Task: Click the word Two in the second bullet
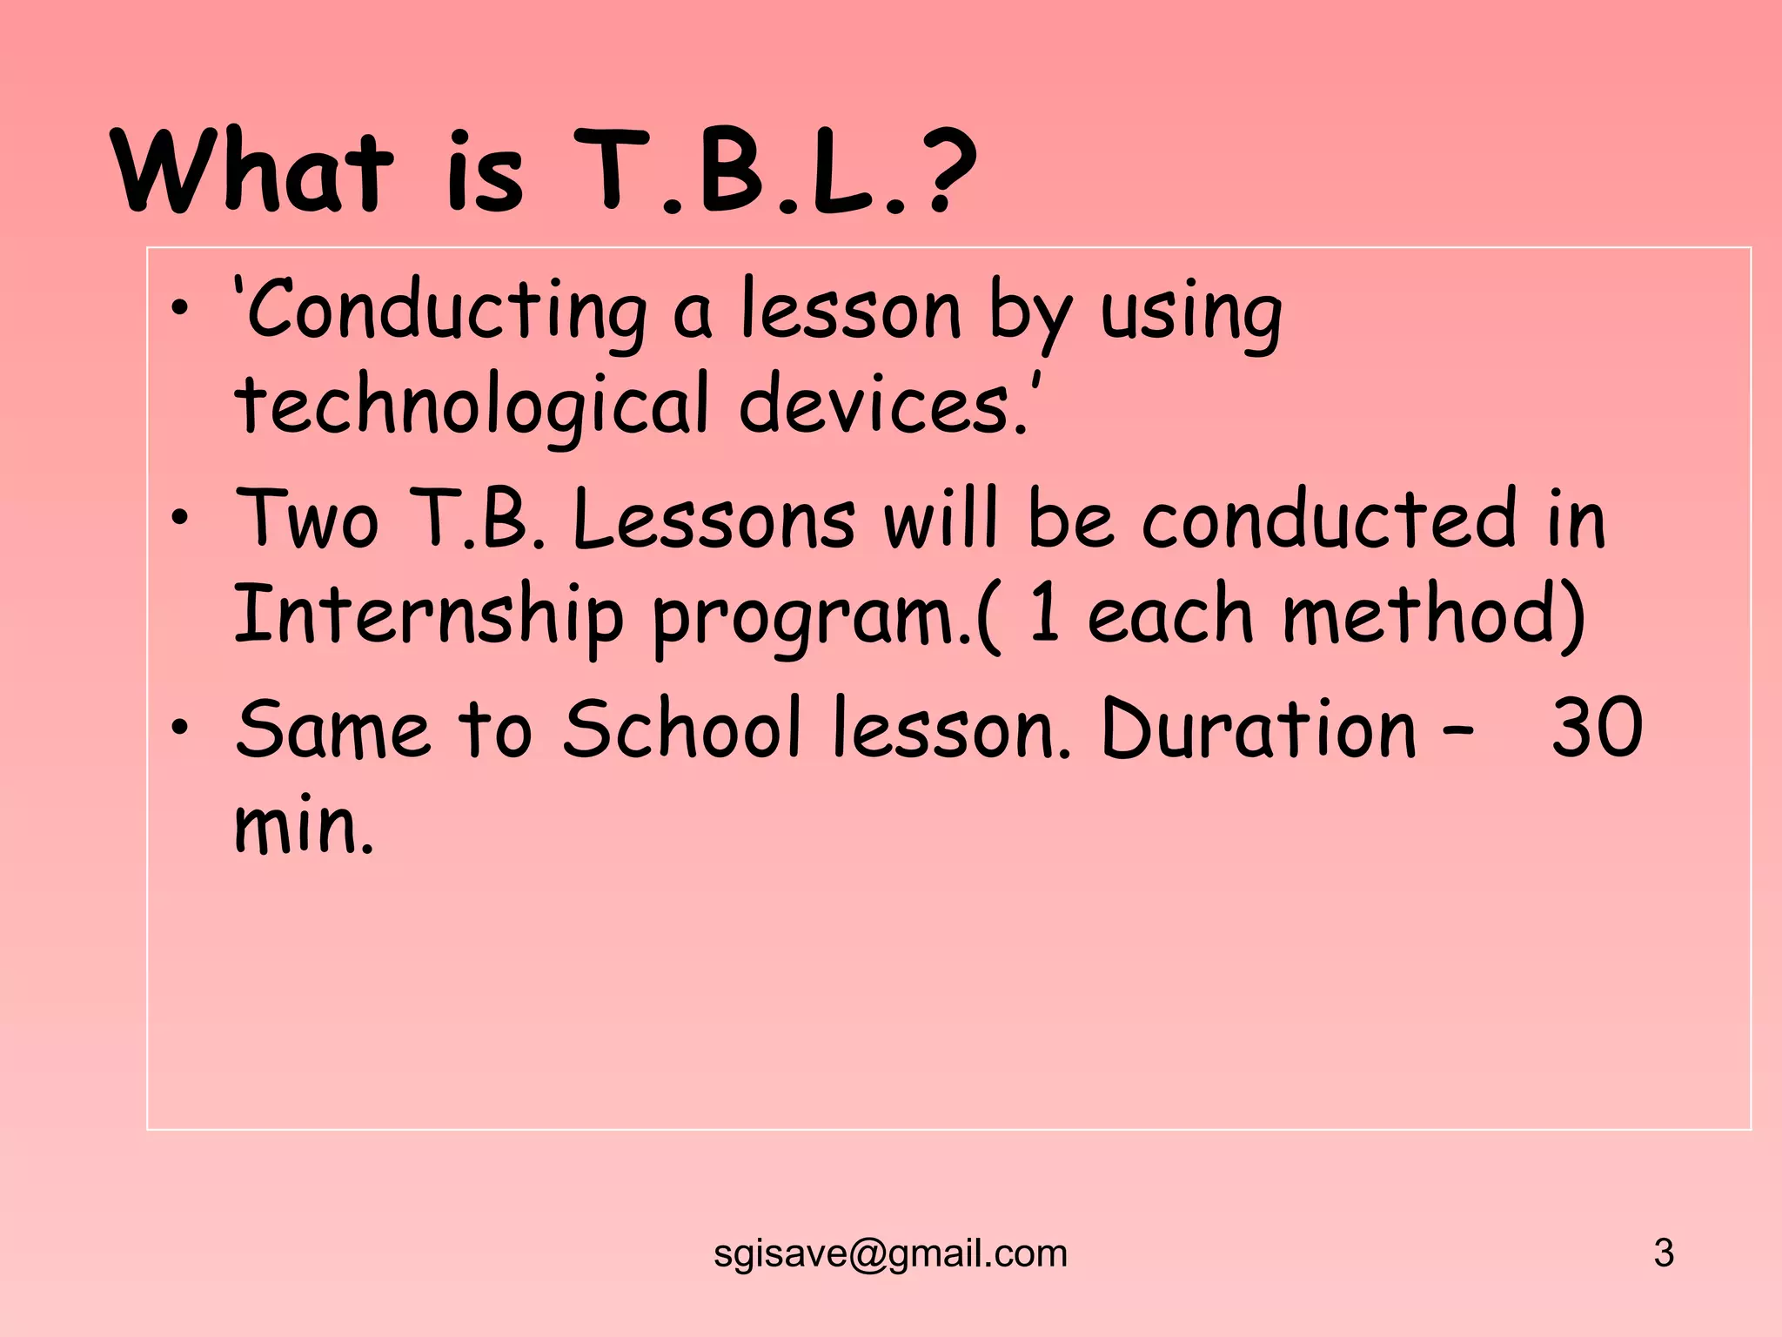[x=308, y=520]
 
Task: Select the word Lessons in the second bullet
[x=713, y=520]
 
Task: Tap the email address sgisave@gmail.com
[x=890, y=1253]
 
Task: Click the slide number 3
[x=1664, y=1253]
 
